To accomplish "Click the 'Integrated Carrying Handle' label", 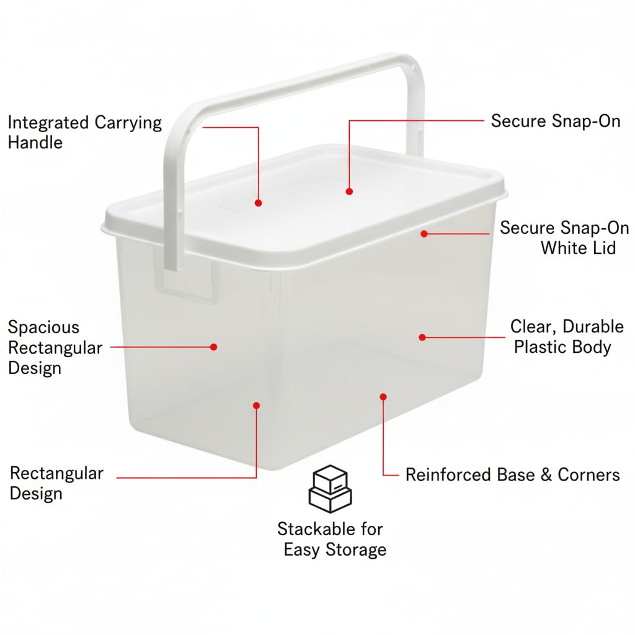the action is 84,133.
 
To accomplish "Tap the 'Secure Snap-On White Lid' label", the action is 564,238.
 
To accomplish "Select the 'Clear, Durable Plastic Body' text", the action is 567,337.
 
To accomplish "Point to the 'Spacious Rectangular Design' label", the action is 55,347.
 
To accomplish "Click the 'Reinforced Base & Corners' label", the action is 513,474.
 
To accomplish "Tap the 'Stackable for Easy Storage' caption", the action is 332,539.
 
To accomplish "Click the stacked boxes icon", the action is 330,489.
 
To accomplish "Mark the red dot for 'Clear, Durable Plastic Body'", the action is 422,337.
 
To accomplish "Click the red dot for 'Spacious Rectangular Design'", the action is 214,347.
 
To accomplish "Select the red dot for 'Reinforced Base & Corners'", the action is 383,396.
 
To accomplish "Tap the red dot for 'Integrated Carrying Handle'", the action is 259,203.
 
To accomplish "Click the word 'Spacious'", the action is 43,327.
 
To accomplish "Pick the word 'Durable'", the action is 593,326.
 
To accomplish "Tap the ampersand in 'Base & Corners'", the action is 546,475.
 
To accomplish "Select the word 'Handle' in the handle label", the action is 35,143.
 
